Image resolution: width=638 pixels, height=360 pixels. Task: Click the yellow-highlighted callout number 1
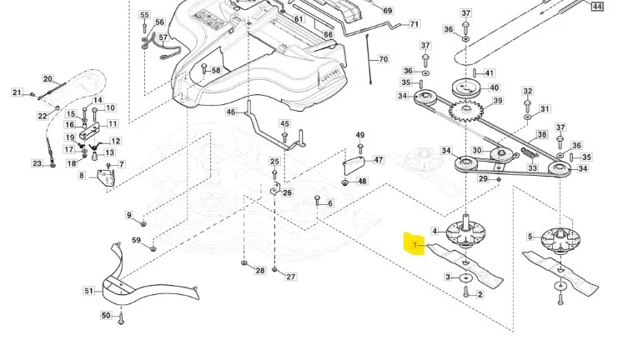pos(415,244)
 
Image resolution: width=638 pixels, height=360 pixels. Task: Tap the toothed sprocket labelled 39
pos(466,110)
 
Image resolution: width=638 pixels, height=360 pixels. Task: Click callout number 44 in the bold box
pos(597,7)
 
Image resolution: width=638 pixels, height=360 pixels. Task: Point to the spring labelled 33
pos(530,153)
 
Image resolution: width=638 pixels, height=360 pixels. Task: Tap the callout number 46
pos(231,112)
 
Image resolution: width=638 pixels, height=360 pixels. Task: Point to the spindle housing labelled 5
pos(560,240)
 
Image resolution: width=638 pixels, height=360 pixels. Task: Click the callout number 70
pos(384,59)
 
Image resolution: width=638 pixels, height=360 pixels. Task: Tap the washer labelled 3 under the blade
pos(465,277)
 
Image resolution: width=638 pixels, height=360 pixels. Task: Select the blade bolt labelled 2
pos(466,292)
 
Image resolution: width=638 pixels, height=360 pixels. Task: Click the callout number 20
pos(48,79)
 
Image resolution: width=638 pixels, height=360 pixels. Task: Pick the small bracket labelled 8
pos(106,178)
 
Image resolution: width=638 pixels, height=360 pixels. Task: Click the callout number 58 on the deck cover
pos(216,70)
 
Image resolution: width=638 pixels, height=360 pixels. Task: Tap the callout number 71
pos(414,24)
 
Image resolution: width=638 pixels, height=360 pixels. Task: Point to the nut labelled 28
pos(244,263)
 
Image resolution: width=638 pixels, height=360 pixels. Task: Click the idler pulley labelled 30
pos(500,154)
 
